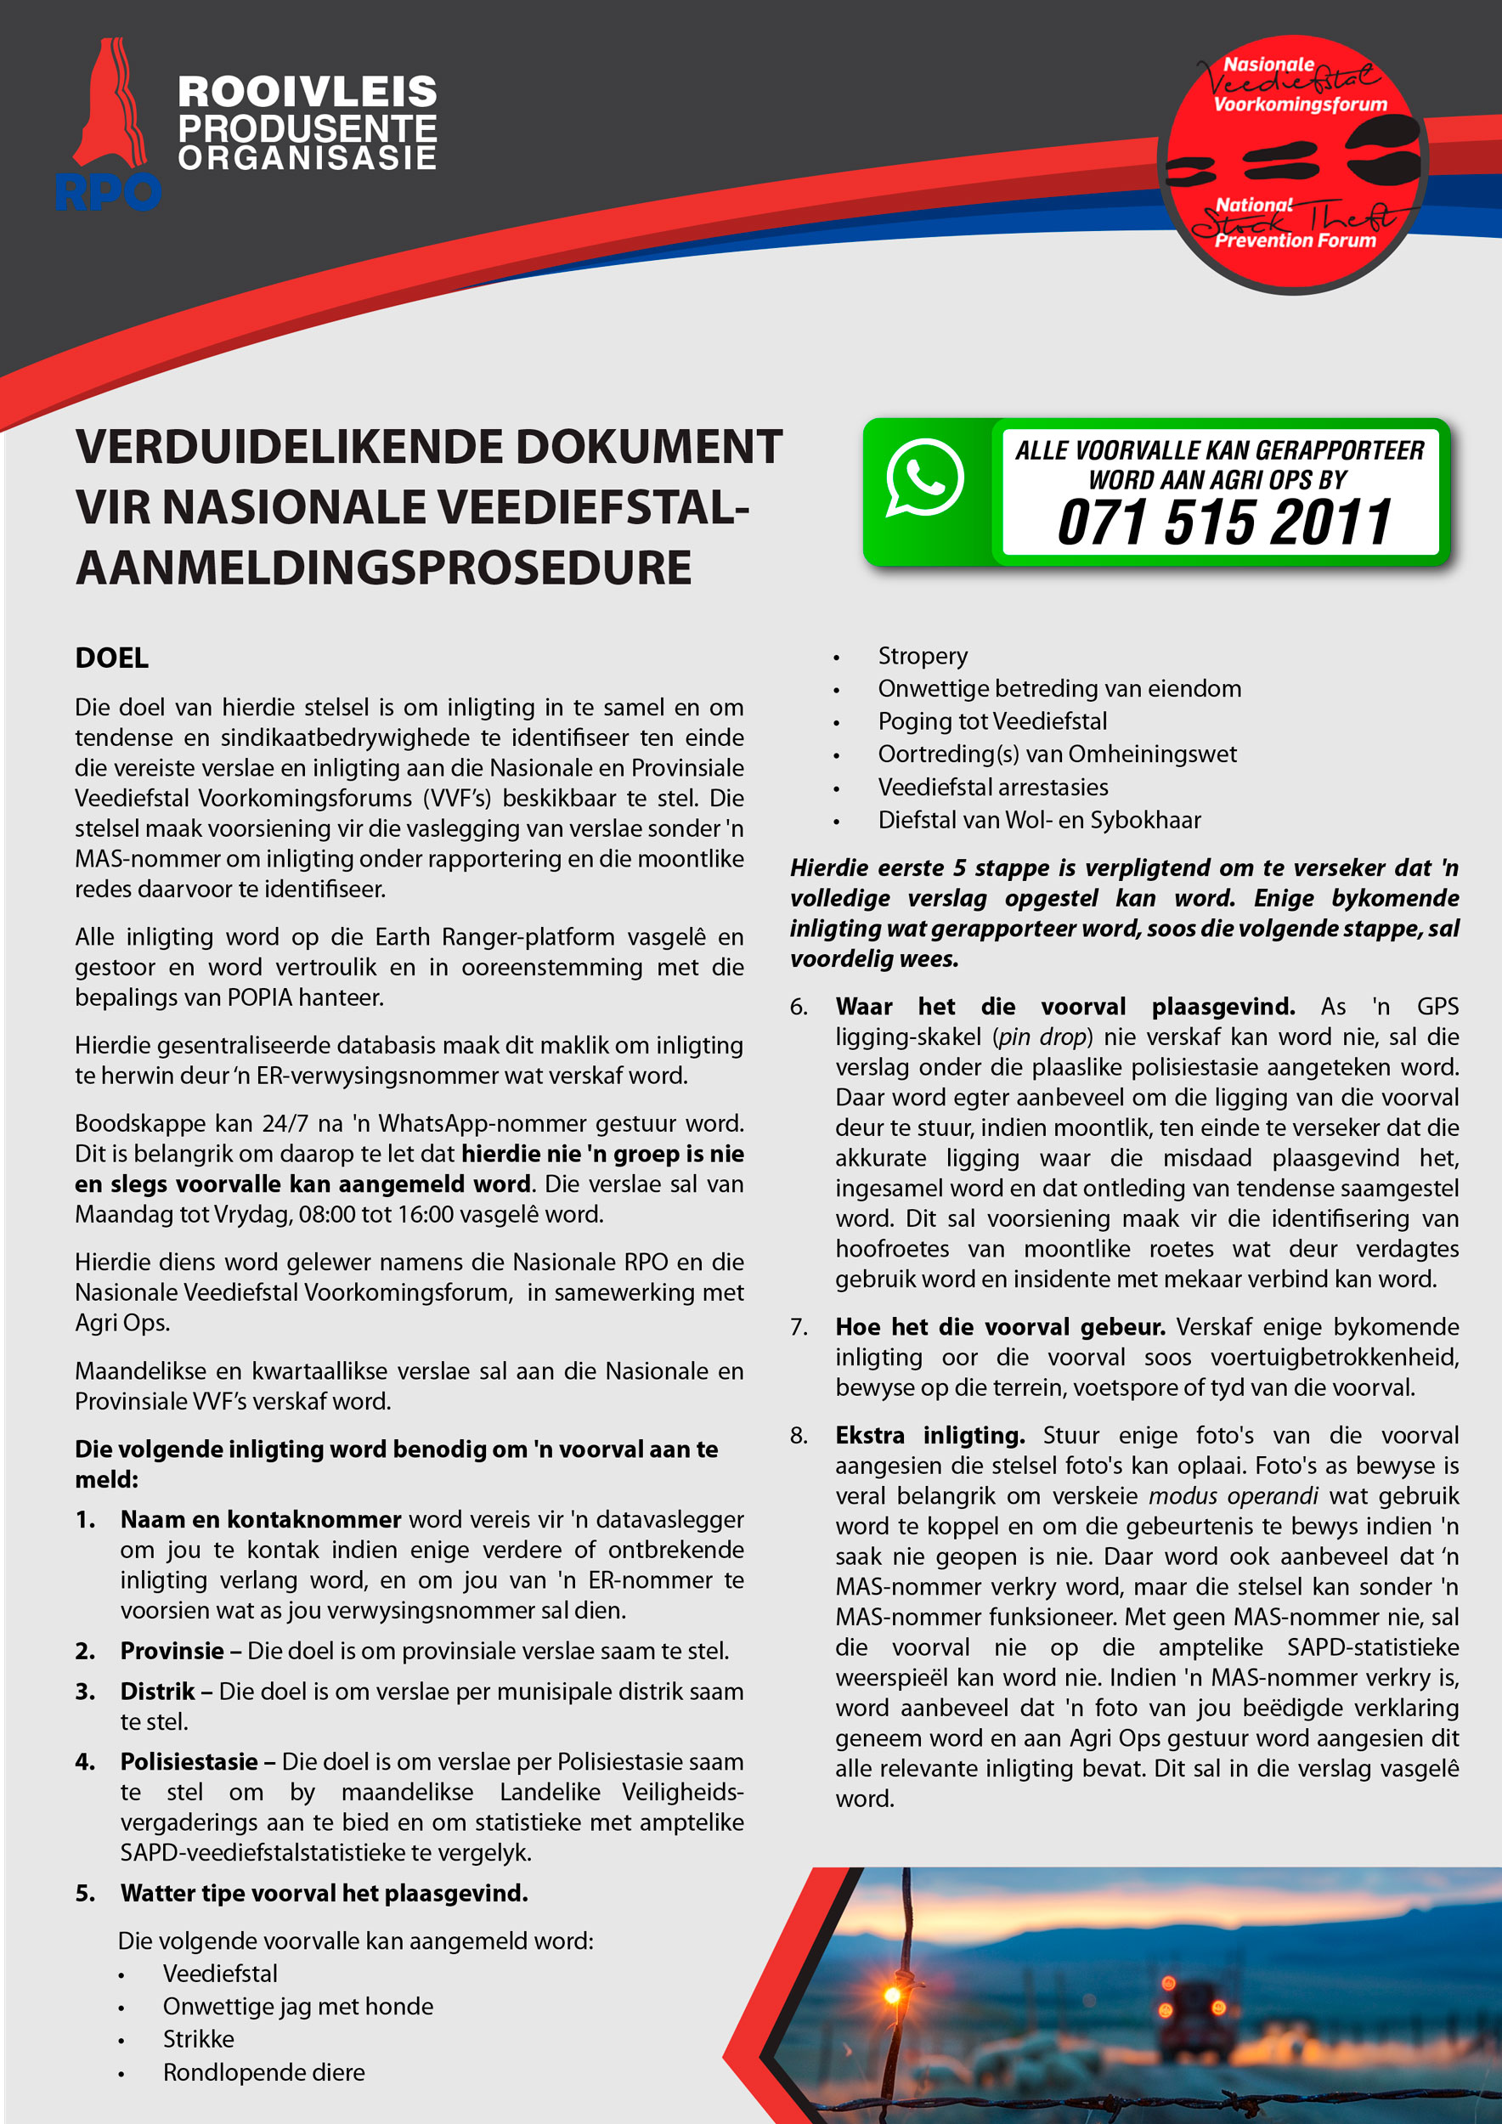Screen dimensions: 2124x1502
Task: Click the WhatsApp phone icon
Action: [924, 477]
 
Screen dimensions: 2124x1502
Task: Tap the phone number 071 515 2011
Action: [1223, 522]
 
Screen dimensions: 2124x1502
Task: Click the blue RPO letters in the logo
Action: [107, 192]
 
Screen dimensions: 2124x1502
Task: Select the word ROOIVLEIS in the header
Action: [307, 93]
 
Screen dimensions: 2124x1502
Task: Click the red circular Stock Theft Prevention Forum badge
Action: [1292, 165]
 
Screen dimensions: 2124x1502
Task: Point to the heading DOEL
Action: [112, 658]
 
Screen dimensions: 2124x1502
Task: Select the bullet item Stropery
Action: [922, 656]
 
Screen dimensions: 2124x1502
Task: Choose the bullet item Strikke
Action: [198, 2039]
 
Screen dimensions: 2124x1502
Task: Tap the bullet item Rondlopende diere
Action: [263, 2072]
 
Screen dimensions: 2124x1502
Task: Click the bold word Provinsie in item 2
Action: [172, 1652]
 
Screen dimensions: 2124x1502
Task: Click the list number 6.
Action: [799, 1008]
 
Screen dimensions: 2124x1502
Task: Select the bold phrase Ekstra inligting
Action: [929, 1436]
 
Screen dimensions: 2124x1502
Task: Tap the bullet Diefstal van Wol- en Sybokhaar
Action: [1039, 821]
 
